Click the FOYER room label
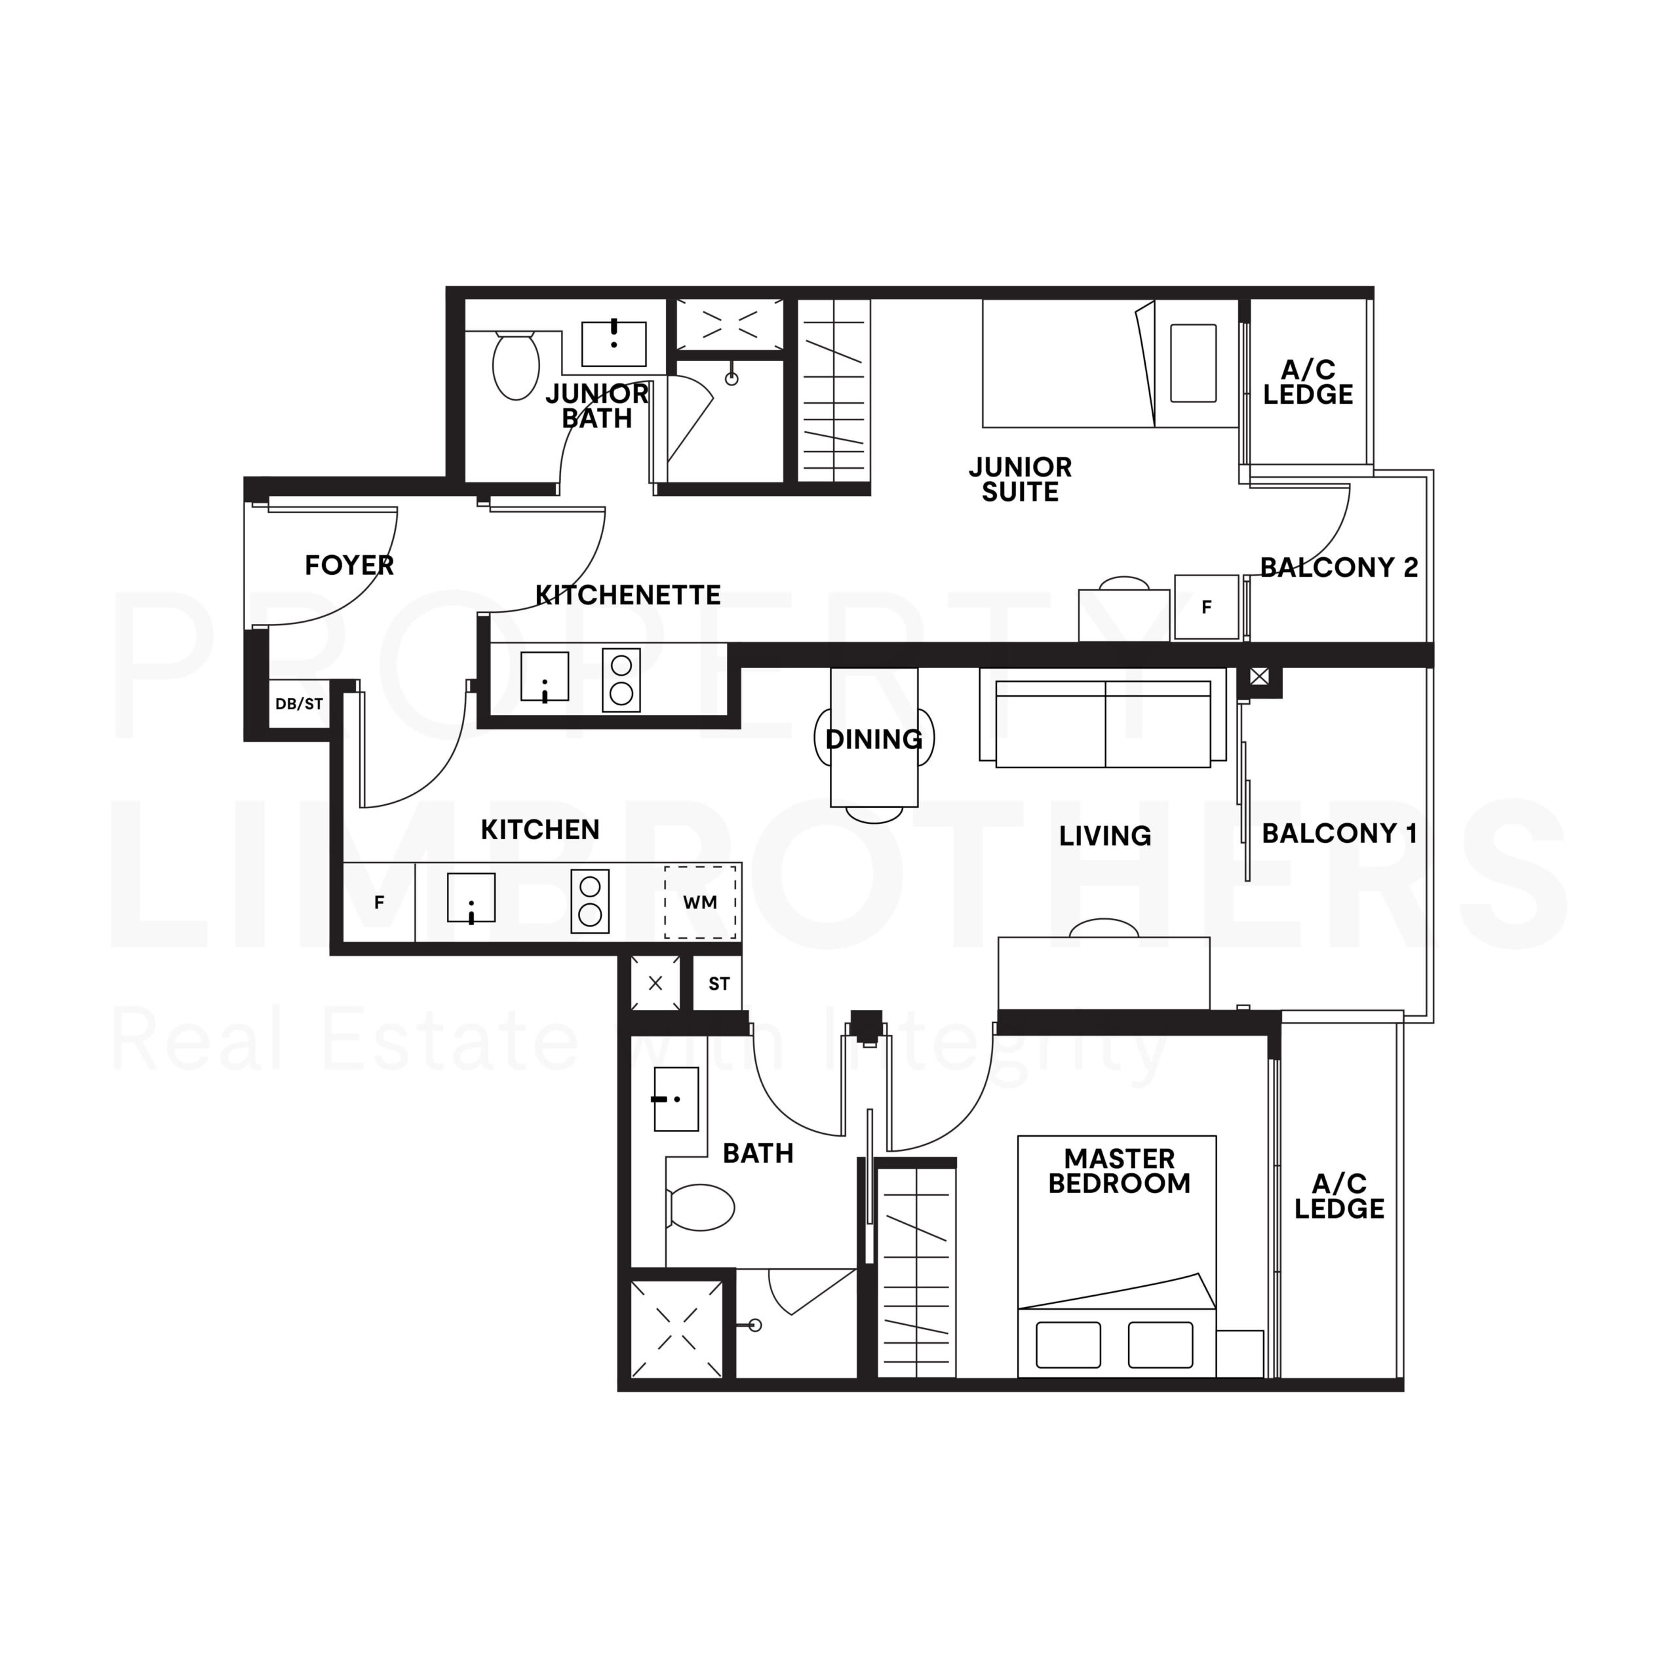(349, 566)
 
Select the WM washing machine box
(700, 903)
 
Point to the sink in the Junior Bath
(613, 344)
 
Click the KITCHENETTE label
(628, 595)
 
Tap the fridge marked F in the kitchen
(379, 903)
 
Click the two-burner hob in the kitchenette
(621, 680)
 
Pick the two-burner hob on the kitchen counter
(590, 901)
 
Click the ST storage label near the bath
(718, 984)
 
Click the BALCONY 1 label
(1338, 834)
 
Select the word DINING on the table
(874, 739)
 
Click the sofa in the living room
(1103, 724)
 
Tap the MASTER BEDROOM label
(1119, 1171)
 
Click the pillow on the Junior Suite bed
(1192, 363)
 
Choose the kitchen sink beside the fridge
(471, 897)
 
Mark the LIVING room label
(1104, 836)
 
